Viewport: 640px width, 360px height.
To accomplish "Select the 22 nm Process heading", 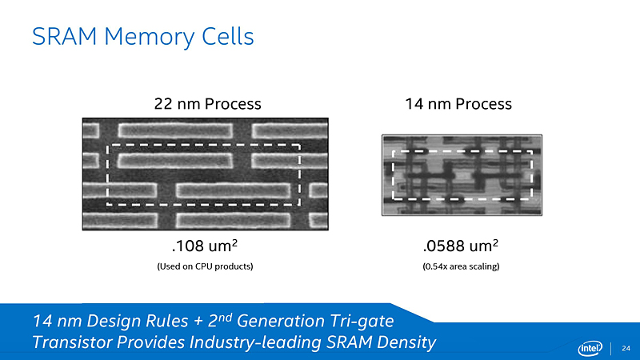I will (207, 104).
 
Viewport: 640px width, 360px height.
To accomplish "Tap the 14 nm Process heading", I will (458, 104).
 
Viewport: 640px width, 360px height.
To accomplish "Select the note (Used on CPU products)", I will (206, 266).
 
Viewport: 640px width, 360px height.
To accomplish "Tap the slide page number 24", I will (626, 347).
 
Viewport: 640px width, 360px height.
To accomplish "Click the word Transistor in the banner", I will (71, 343).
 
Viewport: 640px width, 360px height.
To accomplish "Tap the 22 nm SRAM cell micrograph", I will (206, 174).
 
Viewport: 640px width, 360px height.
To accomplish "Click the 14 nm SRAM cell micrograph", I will (462, 174).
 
